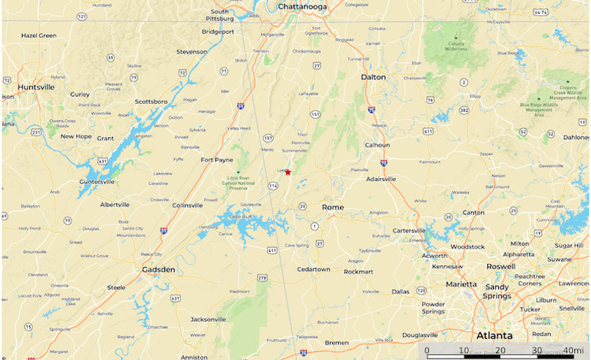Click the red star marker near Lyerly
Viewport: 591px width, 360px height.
(288, 172)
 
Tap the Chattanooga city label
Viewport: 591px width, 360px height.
(302, 7)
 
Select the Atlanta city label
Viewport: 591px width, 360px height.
(494, 336)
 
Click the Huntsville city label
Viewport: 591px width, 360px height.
(37, 87)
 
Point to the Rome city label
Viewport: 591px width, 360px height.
(333, 207)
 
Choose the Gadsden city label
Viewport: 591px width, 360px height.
(159, 270)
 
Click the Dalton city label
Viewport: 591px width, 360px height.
(373, 77)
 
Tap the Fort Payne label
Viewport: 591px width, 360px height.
(217, 160)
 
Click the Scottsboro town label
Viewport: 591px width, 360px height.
(151, 102)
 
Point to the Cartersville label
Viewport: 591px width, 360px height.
(415, 230)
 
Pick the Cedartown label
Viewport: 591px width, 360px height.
(313, 269)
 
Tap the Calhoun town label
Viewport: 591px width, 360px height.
(377, 145)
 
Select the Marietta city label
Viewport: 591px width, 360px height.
(462, 284)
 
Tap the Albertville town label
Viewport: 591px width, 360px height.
(115, 205)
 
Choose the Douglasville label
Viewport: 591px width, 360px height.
(419, 335)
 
